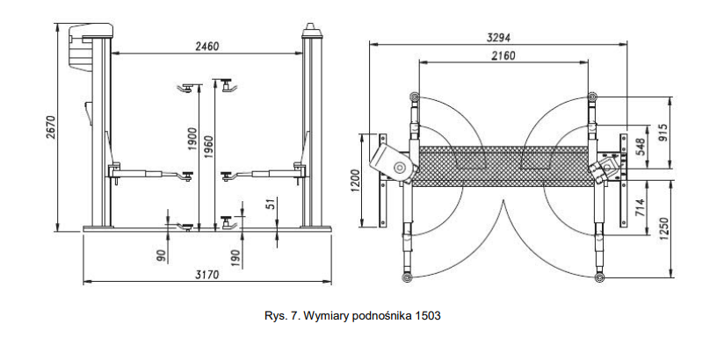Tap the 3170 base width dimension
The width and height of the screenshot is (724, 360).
[207, 274]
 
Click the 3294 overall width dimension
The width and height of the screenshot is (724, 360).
[498, 37]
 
